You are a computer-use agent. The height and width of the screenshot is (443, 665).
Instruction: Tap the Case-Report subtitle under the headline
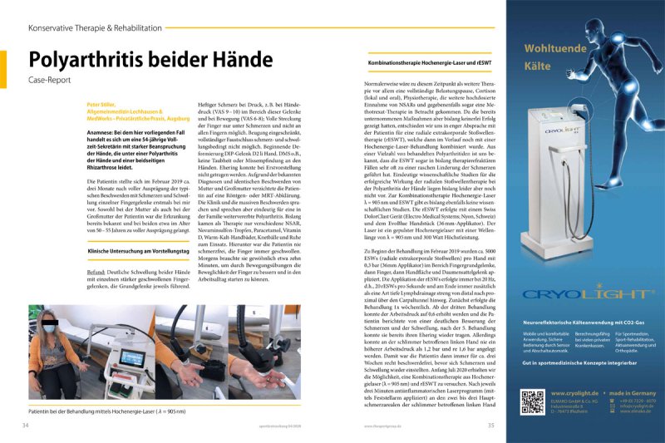click(49, 83)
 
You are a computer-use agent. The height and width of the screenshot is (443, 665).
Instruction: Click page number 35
click(491, 425)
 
